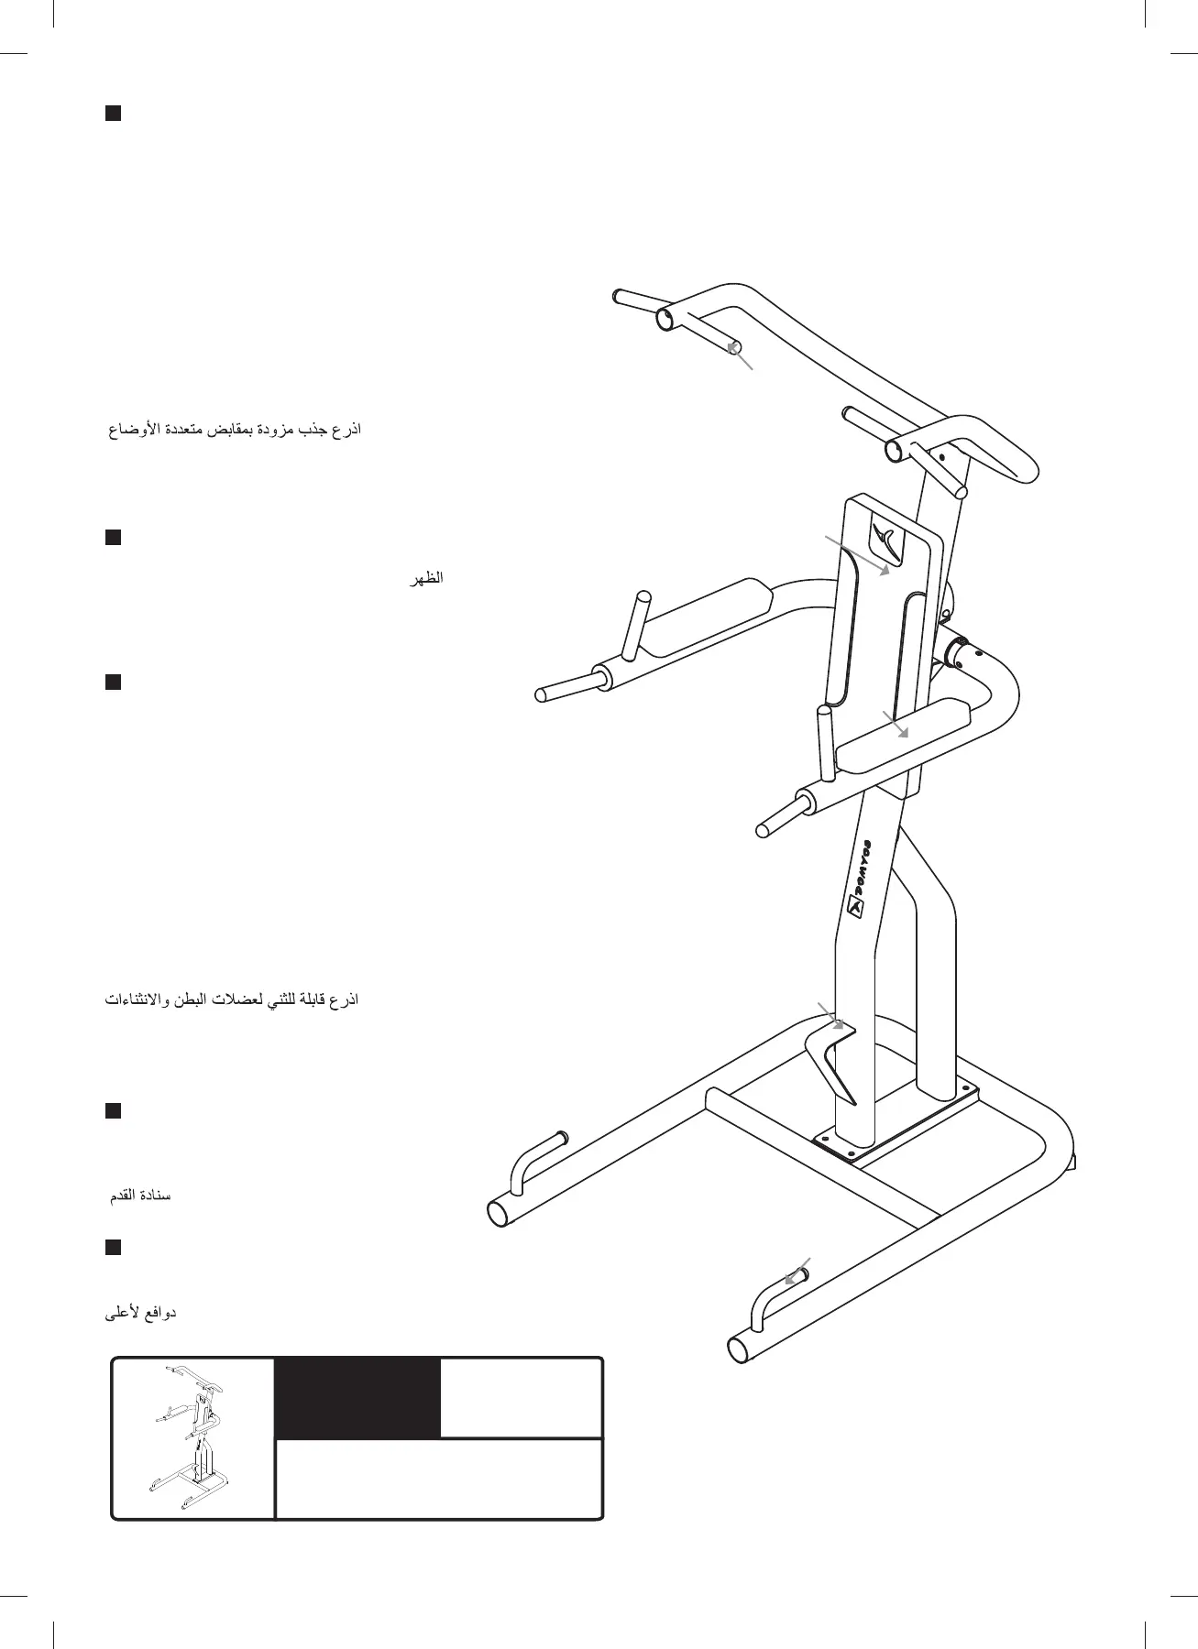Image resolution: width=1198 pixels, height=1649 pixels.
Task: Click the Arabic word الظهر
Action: [x=426, y=579]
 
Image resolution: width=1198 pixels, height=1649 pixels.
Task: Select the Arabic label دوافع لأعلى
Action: [x=141, y=1313]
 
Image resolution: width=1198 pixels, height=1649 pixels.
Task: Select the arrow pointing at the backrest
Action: [x=857, y=554]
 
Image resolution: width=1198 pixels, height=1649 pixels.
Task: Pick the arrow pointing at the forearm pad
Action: [x=895, y=723]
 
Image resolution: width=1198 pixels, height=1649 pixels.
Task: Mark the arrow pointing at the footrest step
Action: [x=830, y=1015]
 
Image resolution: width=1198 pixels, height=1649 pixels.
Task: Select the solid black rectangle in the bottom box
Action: [x=357, y=1397]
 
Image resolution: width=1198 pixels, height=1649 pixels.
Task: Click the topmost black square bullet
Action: [x=113, y=114]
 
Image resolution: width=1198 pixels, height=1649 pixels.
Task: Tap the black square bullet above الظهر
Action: [x=113, y=538]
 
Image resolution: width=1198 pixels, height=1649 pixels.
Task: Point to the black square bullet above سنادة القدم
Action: [x=113, y=1111]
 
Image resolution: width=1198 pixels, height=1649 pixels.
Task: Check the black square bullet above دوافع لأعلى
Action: [x=113, y=1248]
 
